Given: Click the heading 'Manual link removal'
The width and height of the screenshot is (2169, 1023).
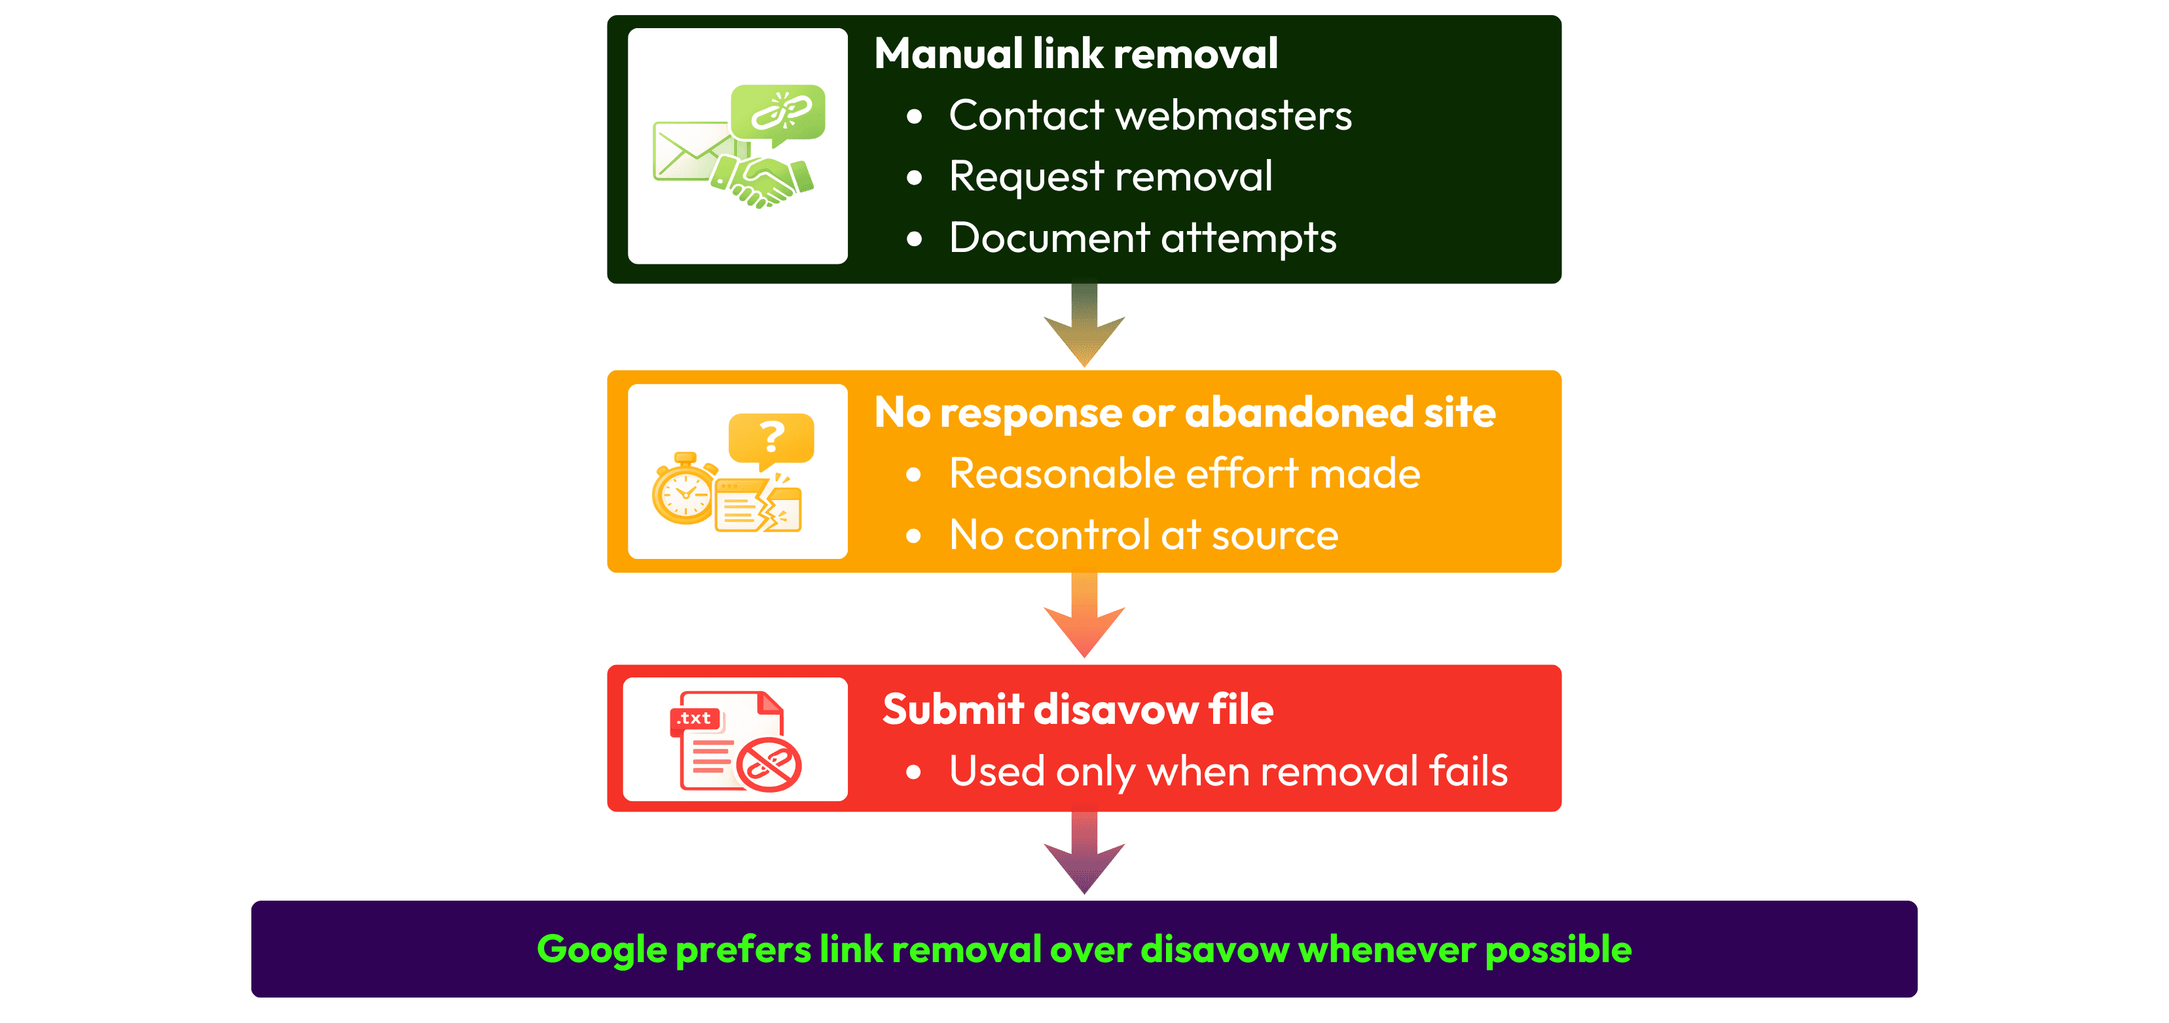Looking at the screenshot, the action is [1075, 54].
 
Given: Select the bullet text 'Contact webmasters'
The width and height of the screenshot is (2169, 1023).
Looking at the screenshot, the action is [1150, 115].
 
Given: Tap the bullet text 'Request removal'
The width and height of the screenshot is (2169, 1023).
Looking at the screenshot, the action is [1110, 177].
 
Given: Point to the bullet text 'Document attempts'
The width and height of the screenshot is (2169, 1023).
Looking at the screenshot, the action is [1142, 238].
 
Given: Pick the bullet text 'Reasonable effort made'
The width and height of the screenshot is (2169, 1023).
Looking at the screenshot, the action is [1184, 473].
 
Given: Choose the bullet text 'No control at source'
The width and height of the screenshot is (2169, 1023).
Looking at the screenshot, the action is [1142, 535].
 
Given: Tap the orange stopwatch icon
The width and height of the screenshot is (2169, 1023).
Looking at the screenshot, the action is [684, 490].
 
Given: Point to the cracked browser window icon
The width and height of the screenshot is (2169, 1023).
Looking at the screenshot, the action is [757, 505].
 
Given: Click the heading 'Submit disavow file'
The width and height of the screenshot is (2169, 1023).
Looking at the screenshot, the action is [1077, 709].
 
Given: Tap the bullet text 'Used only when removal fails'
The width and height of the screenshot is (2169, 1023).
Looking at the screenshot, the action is [1228, 771].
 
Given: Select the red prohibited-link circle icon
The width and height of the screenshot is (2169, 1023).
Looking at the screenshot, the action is [768, 764].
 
